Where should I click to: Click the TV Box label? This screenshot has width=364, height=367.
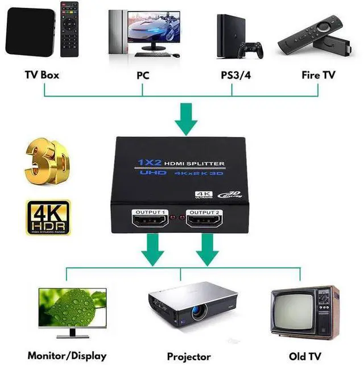pyautogui.click(x=42, y=75)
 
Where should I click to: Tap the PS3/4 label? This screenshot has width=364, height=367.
pyautogui.click(x=235, y=75)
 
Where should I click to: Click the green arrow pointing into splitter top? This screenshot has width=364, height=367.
pyautogui.click(x=187, y=118)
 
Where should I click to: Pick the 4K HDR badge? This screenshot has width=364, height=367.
pyautogui.click(x=48, y=217)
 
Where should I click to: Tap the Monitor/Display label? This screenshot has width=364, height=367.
pyautogui.click(x=67, y=356)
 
